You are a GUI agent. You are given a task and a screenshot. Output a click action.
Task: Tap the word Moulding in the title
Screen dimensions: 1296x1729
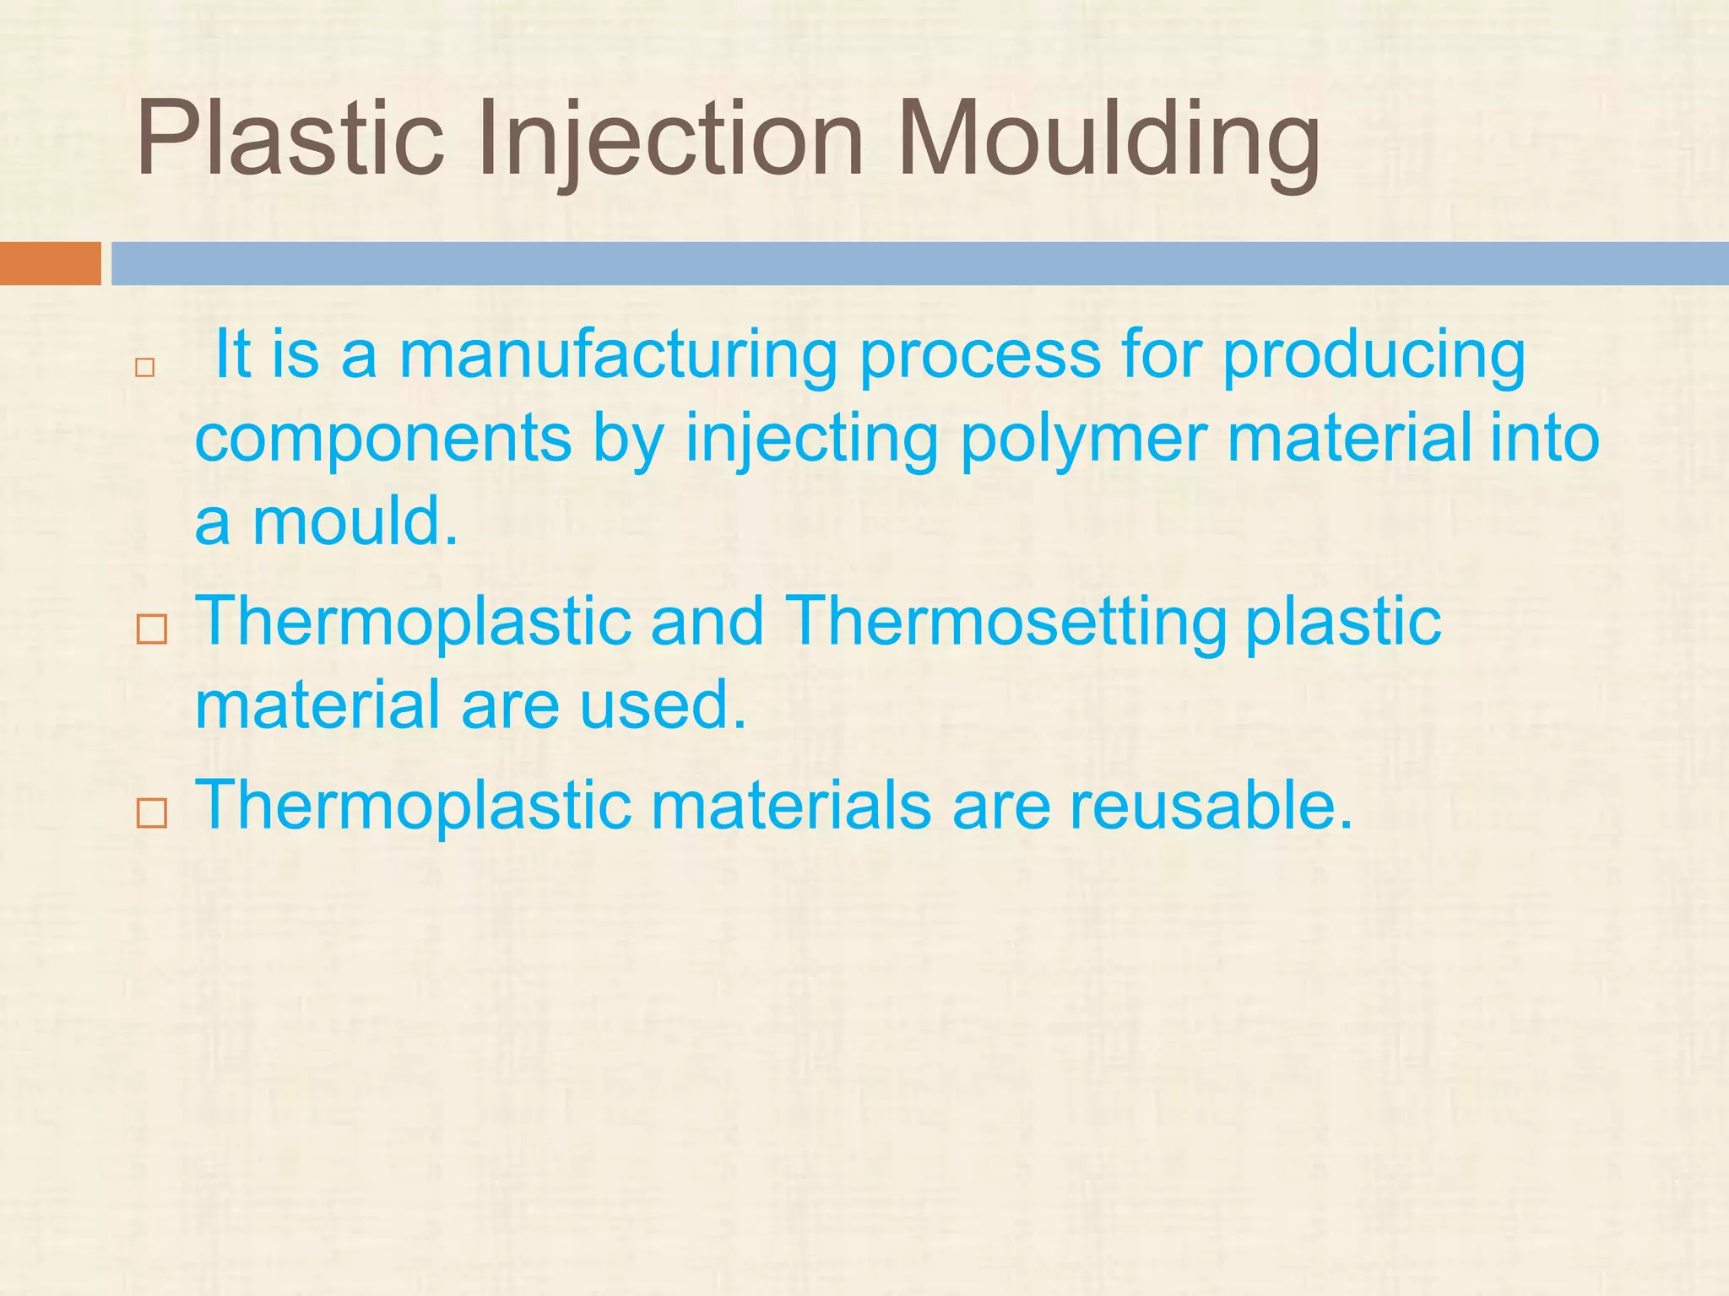1108,139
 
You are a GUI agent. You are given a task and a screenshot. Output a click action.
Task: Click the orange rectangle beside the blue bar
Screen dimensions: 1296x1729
50,263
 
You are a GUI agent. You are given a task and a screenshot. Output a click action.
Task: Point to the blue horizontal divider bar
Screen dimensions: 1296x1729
919,263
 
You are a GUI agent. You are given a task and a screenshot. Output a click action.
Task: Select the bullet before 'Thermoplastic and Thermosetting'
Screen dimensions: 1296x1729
152,629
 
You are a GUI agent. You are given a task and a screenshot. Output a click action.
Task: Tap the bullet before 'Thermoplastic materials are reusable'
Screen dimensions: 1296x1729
152,813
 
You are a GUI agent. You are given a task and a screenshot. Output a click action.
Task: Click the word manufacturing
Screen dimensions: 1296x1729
618,356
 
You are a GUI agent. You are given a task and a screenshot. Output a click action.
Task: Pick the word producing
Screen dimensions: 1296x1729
1374,356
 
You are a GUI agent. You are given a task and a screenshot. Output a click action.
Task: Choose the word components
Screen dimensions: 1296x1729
383,439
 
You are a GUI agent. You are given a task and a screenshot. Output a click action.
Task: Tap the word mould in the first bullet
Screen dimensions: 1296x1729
355,521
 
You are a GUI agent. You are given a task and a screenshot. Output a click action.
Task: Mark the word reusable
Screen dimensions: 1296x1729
1211,805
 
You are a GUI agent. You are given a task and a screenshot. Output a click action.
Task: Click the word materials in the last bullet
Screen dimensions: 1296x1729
790,805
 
